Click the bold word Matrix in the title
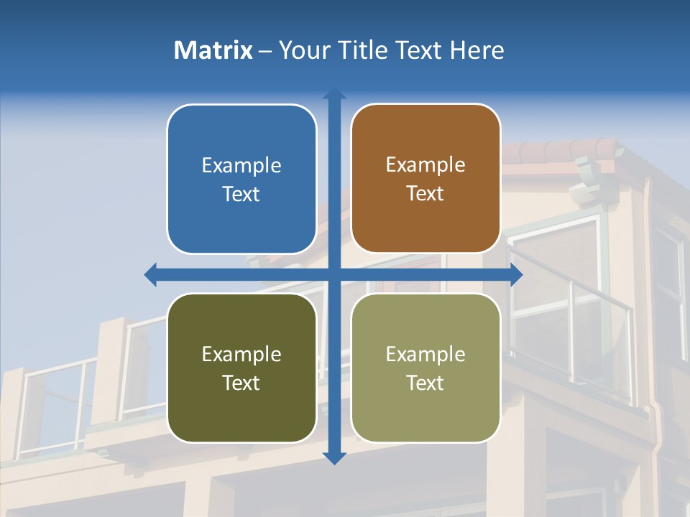[x=213, y=50]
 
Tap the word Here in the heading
[x=477, y=50]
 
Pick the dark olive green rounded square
[x=241, y=409]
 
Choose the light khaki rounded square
[x=425, y=409]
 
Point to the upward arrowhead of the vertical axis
[x=334, y=93]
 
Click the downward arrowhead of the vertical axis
[x=334, y=458]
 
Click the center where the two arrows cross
[x=334, y=275]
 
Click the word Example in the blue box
[x=241, y=165]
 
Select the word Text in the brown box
[x=425, y=194]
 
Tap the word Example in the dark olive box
[x=241, y=354]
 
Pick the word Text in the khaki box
[x=425, y=383]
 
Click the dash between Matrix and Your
[x=265, y=51]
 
